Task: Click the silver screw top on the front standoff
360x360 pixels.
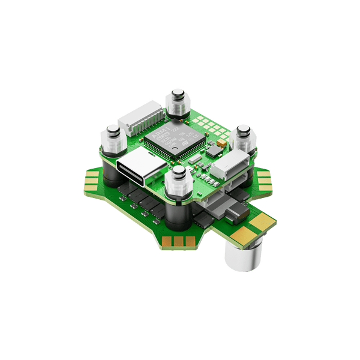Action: click(178, 172)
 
